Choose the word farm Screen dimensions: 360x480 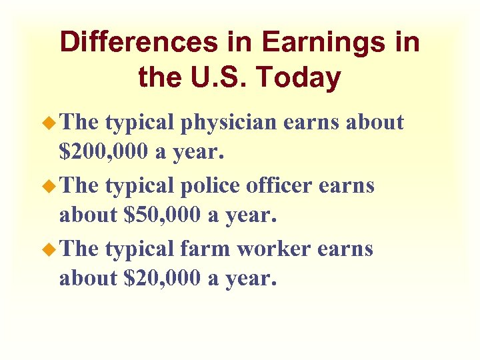click(x=207, y=249)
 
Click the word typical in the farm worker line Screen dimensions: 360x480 click(x=140, y=249)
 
